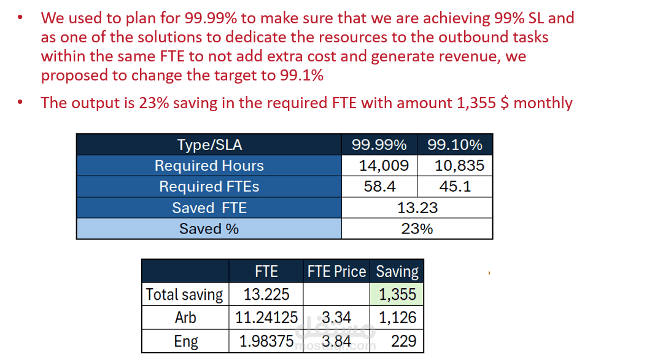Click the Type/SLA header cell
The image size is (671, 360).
209,145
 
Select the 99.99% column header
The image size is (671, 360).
379,145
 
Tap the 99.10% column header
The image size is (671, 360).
454,145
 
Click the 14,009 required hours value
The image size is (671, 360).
379,166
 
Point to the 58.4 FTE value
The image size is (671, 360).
379,187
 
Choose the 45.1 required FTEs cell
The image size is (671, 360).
455,187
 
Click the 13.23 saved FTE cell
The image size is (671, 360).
417,208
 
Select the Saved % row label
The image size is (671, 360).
209,229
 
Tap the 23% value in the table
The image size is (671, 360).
417,229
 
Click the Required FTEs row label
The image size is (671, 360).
209,187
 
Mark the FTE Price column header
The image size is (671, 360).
336,272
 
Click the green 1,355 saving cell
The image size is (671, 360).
397,294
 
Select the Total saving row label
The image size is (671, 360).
185,294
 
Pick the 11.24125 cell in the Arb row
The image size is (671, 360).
266,318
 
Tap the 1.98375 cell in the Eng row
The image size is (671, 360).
266,341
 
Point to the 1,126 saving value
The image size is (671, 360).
397,318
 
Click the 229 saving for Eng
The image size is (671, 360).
403,341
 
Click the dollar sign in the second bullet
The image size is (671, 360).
505,103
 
